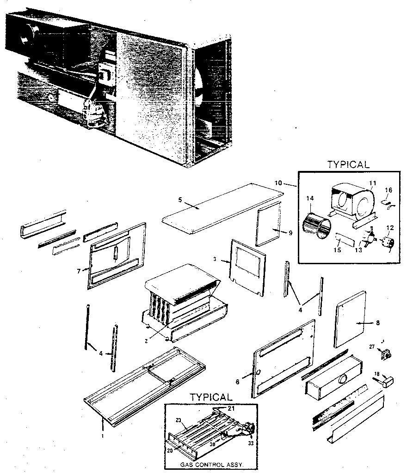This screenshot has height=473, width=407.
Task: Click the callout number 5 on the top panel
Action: coord(180,200)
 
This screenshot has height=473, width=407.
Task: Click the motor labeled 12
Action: coord(387,243)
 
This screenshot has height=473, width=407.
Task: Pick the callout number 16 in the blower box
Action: coord(388,189)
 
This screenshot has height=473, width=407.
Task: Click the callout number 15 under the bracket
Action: coord(337,250)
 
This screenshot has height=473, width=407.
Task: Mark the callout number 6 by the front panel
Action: coord(238,382)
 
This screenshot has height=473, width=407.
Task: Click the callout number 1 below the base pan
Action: coord(103,436)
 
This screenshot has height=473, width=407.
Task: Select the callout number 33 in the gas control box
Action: coord(251,444)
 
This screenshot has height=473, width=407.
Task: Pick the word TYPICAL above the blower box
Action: coord(348,164)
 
